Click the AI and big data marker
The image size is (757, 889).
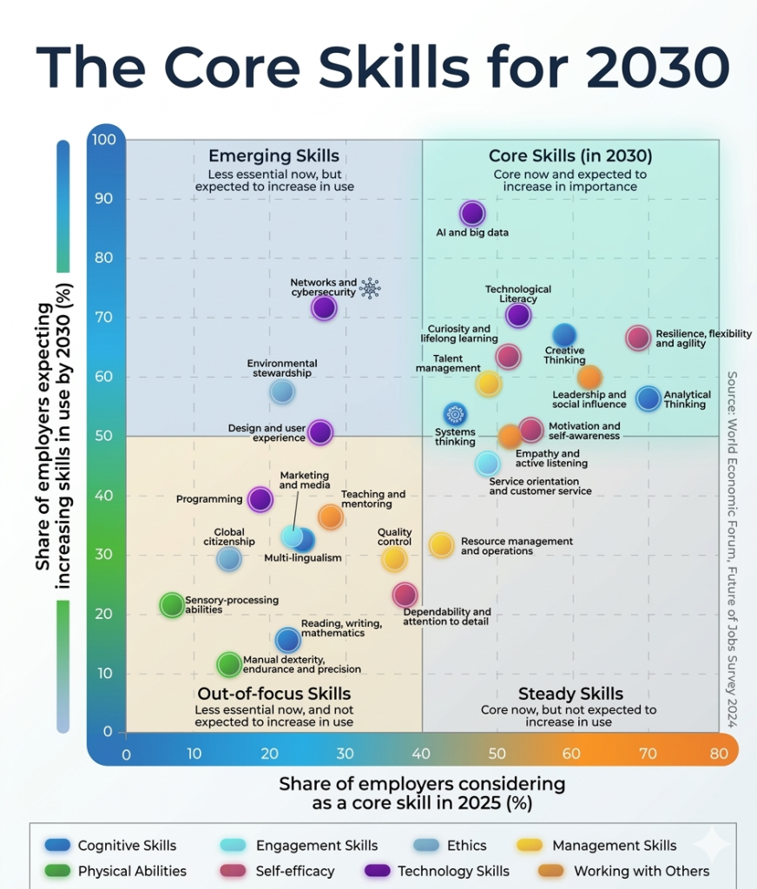point(472,214)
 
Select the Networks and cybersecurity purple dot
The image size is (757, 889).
point(324,307)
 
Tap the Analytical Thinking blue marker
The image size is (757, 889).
point(648,398)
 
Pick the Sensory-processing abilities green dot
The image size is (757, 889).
point(173,605)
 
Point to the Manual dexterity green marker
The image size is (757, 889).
point(228,665)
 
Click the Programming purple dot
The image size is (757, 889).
point(260,499)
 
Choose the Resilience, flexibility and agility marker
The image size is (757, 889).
point(638,339)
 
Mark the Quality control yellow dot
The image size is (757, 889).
point(394,558)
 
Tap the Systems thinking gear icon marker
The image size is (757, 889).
point(455,414)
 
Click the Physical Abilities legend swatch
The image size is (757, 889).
point(57,871)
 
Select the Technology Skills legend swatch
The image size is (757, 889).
point(378,871)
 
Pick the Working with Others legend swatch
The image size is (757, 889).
point(553,871)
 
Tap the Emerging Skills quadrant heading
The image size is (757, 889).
point(273,157)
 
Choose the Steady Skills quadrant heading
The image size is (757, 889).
point(570,694)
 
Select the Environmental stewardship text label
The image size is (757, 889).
point(282,368)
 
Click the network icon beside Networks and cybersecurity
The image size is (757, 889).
point(371,288)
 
